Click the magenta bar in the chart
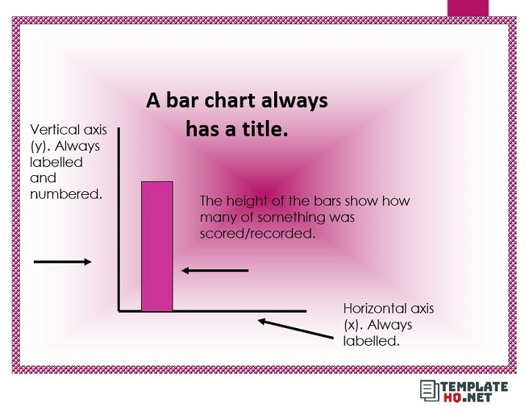(157, 246)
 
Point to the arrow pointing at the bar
(215, 271)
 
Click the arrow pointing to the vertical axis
(62, 262)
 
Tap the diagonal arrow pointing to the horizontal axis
(293, 328)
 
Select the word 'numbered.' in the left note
(65, 194)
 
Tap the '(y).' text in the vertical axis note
(40, 146)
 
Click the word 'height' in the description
(244, 201)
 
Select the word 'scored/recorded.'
(257, 233)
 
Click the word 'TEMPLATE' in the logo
(474, 386)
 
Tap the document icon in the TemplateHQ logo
(428, 391)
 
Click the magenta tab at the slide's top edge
(467, 7)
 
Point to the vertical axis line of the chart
(118, 221)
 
